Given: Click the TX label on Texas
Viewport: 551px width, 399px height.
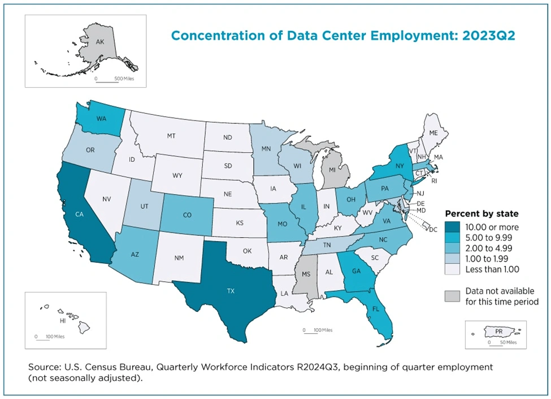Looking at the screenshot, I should [x=231, y=291].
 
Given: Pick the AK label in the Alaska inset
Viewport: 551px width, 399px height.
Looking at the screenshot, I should [x=100, y=41].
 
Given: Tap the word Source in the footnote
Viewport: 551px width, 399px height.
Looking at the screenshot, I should [x=44, y=367].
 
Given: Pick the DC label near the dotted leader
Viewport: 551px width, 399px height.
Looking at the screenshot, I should [x=434, y=230].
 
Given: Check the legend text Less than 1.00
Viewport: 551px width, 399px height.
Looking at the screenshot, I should [x=492, y=269].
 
